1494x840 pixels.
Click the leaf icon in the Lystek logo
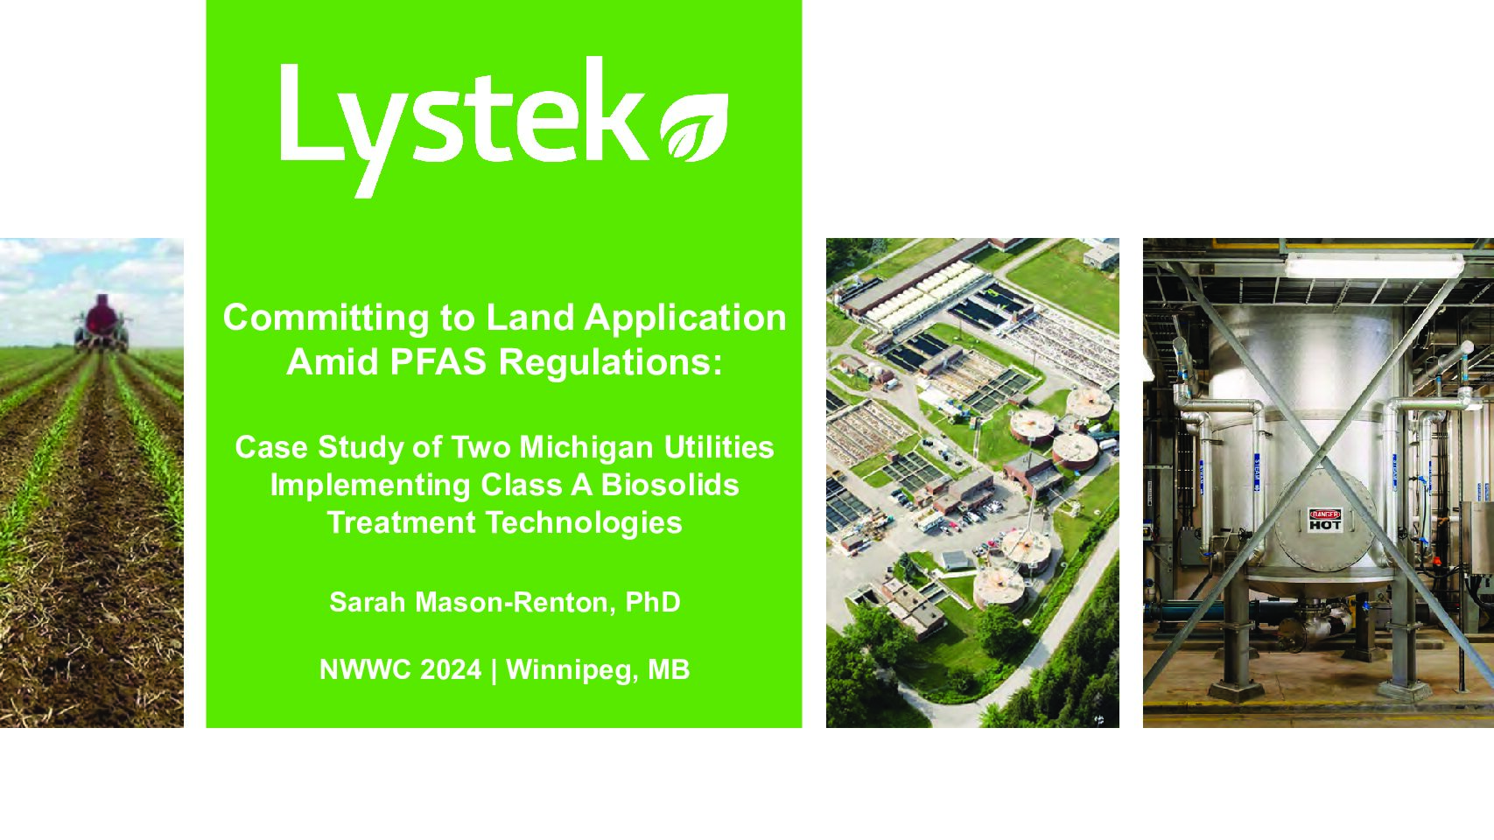point(694,128)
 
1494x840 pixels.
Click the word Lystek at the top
point(465,127)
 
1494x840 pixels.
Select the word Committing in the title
point(326,318)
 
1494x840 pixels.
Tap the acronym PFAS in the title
point(438,362)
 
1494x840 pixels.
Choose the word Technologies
point(584,523)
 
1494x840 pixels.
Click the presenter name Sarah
point(368,602)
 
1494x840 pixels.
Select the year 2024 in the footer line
point(451,669)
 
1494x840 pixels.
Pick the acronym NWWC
point(366,669)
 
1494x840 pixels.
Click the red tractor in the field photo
point(102,324)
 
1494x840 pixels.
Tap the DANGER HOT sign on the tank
point(1324,520)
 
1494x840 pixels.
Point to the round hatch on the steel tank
point(1325,520)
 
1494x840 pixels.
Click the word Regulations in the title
point(610,363)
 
